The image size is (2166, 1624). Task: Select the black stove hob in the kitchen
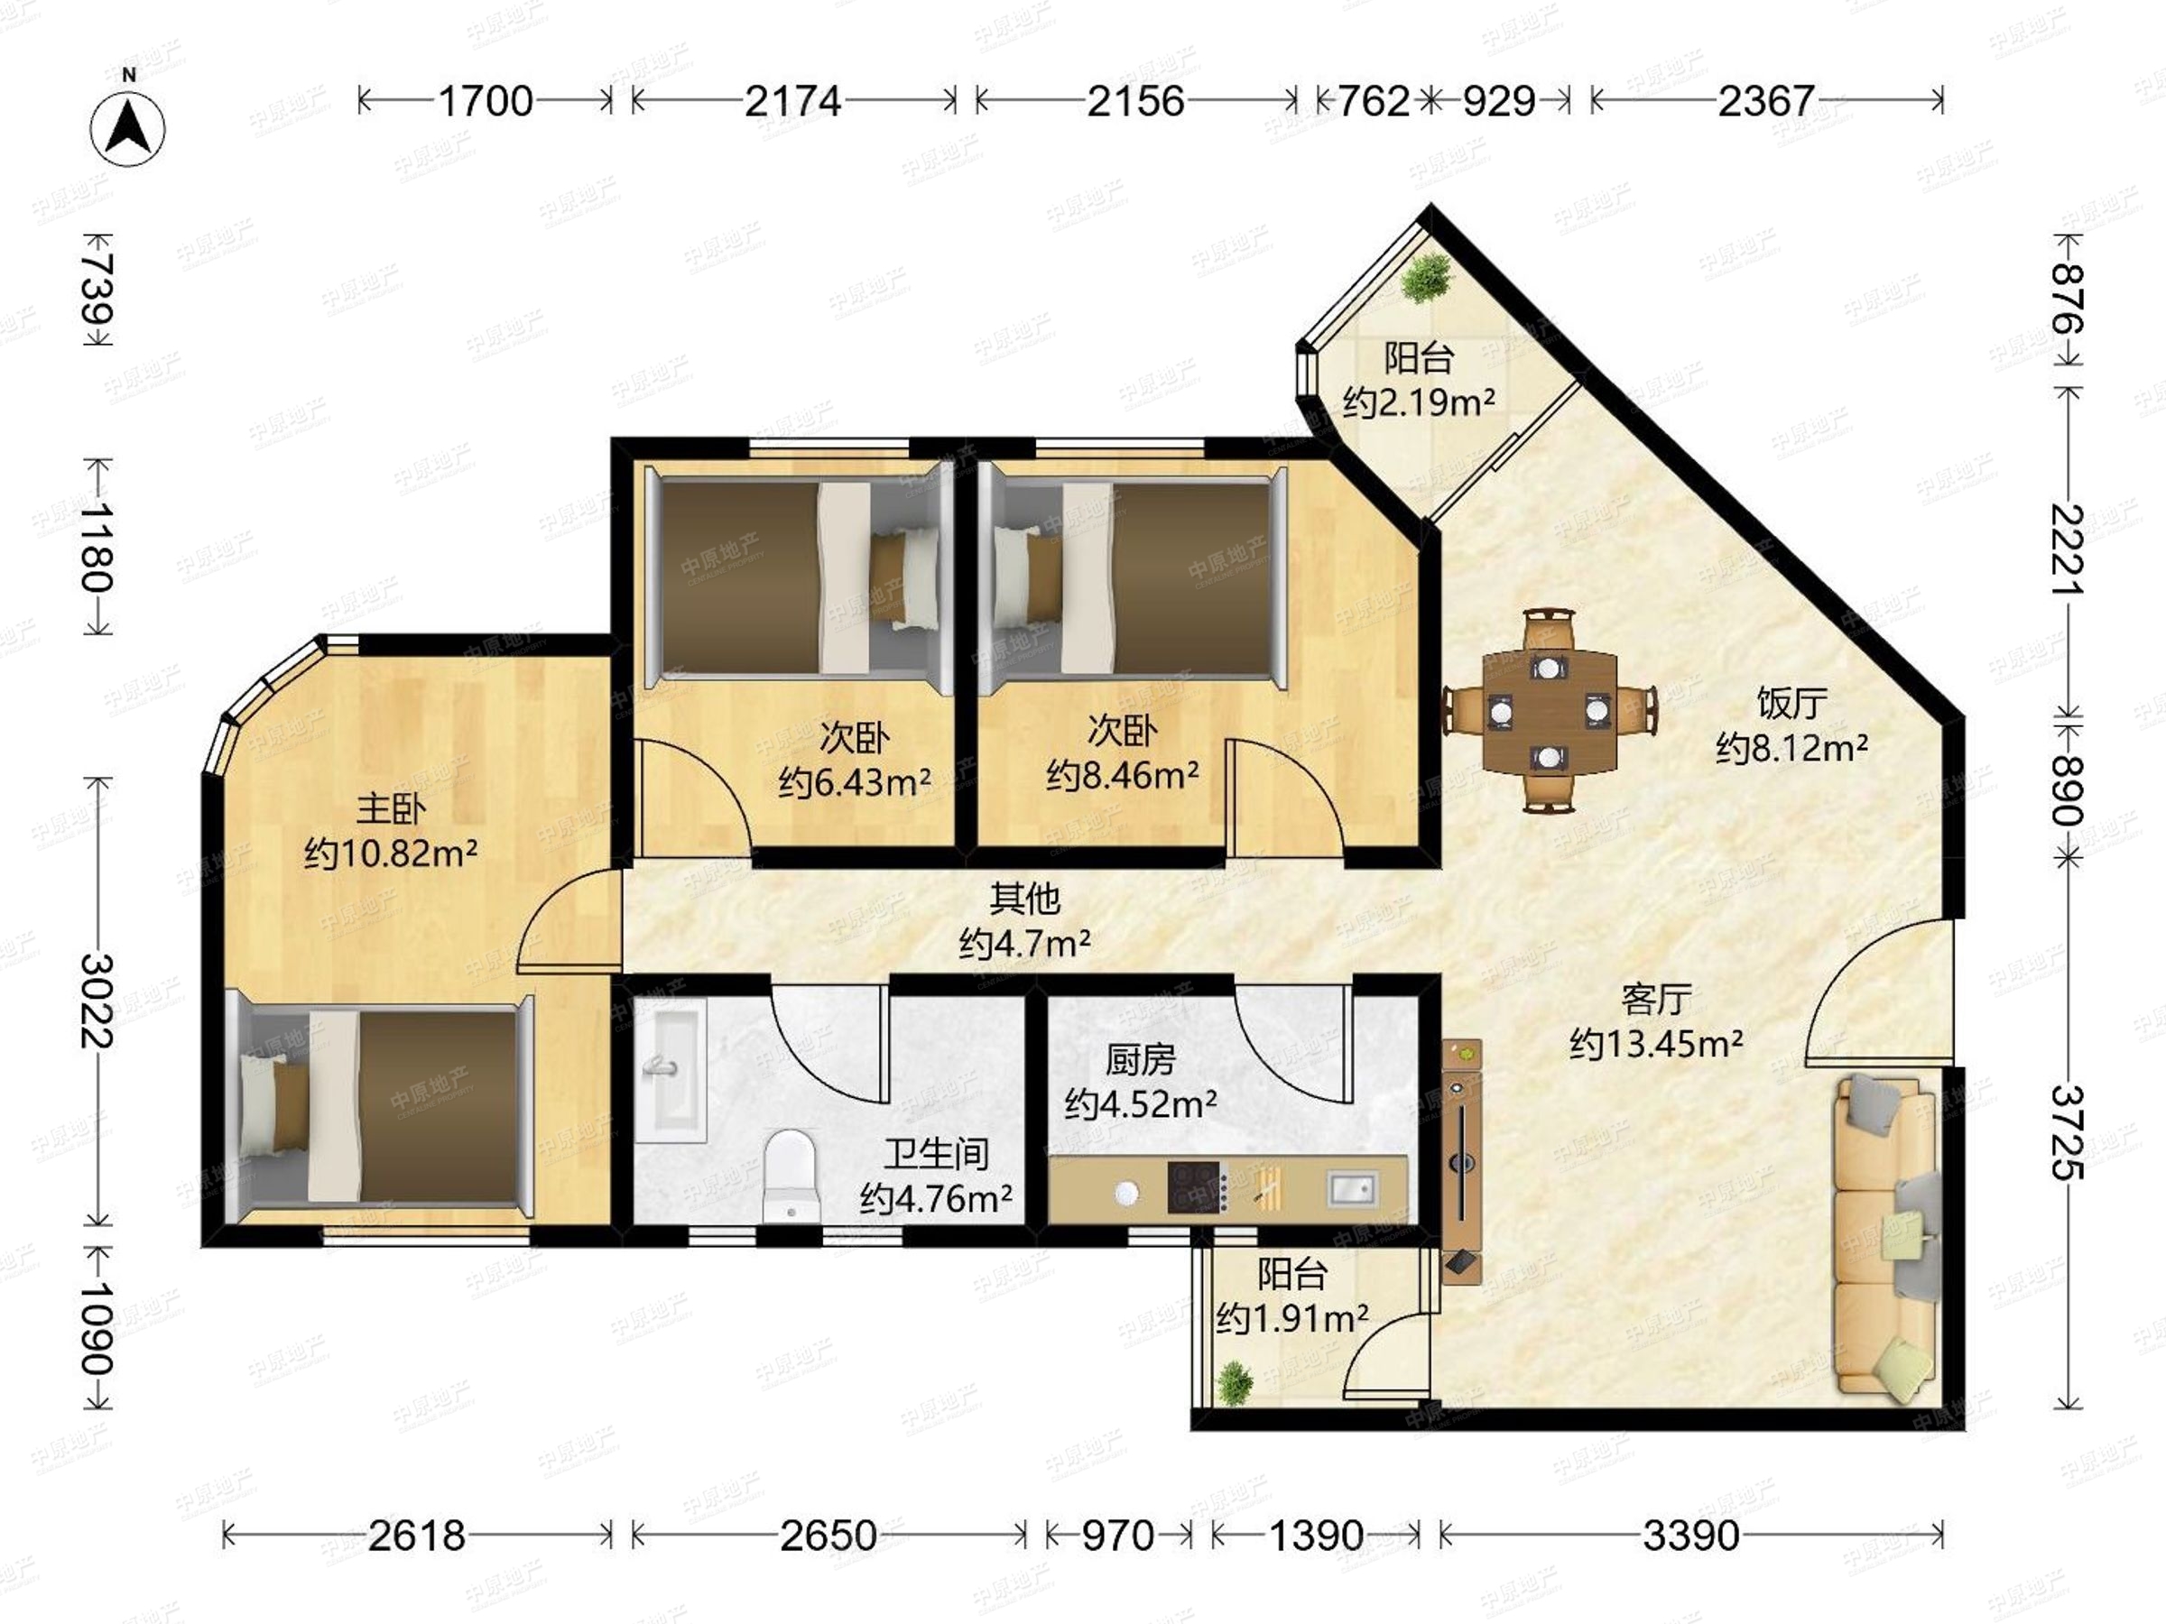click(1194, 1187)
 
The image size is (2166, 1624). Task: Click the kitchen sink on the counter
click(1352, 1188)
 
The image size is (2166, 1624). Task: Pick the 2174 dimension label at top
click(792, 101)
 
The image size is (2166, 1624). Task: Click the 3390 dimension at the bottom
click(1691, 1536)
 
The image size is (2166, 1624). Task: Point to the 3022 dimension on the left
click(97, 1000)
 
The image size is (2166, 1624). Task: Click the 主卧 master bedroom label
click(391, 808)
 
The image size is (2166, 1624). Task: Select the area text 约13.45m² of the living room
click(1656, 1045)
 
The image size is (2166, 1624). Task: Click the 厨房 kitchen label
click(1140, 1060)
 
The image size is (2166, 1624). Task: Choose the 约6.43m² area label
click(854, 782)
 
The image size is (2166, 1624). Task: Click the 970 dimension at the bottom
click(1117, 1536)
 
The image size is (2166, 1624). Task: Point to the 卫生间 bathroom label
click(936, 1155)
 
